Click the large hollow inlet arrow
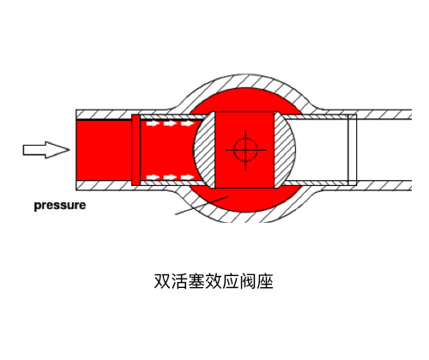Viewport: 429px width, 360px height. point(46,150)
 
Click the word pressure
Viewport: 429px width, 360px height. point(60,206)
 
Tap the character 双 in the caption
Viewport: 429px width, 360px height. point(162,281)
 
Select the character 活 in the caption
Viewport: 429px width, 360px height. point(179,281)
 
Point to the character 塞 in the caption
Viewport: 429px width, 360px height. point(196,281)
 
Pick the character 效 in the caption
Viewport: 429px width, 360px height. point(214,281)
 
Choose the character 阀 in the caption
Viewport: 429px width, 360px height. point(248,281)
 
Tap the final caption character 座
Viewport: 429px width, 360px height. point(265,281)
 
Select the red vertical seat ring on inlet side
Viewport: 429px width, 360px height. point(136,150)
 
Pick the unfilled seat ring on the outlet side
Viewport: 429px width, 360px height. point(352,150)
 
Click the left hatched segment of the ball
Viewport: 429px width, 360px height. point(204,150)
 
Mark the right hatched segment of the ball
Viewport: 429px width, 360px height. point(285,150)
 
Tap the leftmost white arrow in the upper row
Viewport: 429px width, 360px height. point(153,123)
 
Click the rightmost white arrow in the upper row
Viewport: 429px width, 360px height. point(188,123)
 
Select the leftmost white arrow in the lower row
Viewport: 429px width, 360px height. point(153,177)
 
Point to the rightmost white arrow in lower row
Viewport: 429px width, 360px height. point(188,177)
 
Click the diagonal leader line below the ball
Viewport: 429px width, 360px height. point(202,205)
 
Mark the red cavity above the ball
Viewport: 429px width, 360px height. point(246,100)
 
